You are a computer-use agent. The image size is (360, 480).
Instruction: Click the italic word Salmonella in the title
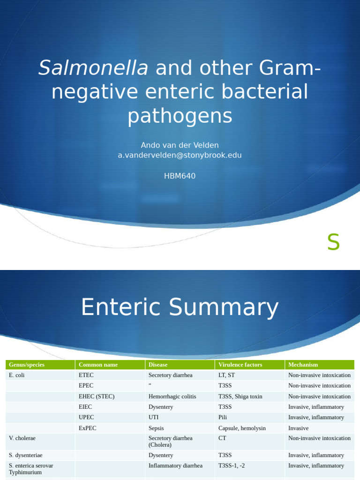click(x=93, y=68)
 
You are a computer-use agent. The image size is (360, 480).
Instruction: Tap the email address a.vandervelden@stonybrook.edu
click(x=180, y=155)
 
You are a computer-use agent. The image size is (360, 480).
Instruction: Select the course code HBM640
click(x=180, y=176)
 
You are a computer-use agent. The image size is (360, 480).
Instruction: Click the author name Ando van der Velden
click(x=180, y=145)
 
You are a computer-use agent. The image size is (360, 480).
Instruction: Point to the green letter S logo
click(x=333, y=243)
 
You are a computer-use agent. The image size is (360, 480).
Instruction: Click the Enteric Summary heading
click(x=180, y=308)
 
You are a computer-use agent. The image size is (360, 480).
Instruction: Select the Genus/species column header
click(x=24, y=365)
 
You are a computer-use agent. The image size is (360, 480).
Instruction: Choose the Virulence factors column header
click(x=240, y=365)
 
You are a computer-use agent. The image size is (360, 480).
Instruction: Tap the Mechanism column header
click(x=303, y=365)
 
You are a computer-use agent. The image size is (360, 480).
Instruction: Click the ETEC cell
click(x=86, y=375)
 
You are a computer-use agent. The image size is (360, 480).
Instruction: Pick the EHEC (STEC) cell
click(x=97, y=397)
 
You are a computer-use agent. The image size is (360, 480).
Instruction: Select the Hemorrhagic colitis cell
click(x=172, y=397)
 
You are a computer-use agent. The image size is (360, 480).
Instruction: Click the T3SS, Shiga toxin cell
click(x=240, y=397)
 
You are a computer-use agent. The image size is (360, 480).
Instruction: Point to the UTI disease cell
click(x=154, y=417)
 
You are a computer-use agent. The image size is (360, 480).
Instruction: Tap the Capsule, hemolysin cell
click(x=242, y=428)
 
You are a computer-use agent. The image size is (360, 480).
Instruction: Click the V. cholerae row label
click(x=22, y=438)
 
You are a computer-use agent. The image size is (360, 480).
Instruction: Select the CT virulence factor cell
click(x=222, y=438)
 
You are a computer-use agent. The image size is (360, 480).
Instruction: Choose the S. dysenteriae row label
click(x=26, y=455)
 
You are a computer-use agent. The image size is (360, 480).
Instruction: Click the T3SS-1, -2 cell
click(x=232, y=466)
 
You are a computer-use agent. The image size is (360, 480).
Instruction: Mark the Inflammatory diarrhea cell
click(x=175, y=466)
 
